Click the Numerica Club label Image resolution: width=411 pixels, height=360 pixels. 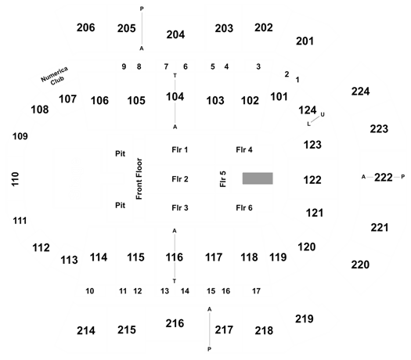tap(55, 76)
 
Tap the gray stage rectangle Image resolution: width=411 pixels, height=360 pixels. tap(258, 178)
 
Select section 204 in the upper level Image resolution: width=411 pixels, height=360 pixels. tap(175, 34)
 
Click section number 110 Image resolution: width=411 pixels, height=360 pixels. tap(16, 179)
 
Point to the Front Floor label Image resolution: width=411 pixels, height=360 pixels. tap(139, 178)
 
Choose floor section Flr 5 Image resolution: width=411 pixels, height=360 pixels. tap(223, 179)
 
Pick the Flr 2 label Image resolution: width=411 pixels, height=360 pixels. tap(180, 179)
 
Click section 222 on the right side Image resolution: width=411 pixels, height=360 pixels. tap(384, 178)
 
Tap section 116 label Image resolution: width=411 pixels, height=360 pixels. tap(175, 257)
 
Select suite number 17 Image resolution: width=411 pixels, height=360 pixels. tap(256, 291)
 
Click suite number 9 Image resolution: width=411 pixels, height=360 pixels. tap(124, 67)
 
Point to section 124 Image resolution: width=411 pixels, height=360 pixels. tap(308, 110)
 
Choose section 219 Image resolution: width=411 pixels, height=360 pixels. tap(305, 319)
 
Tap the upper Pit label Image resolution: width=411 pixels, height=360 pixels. tap(121, 153)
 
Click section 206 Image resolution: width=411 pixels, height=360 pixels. tap(85, 27)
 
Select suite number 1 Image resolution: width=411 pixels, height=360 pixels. tap(297, 80)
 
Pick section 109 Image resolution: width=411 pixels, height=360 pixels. tap(20, 136)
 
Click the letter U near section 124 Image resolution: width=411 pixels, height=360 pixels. tap(323, 114)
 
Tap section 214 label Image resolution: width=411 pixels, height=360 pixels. tap(86, 330)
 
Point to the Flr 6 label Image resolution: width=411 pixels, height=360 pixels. tap(244, 207)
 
